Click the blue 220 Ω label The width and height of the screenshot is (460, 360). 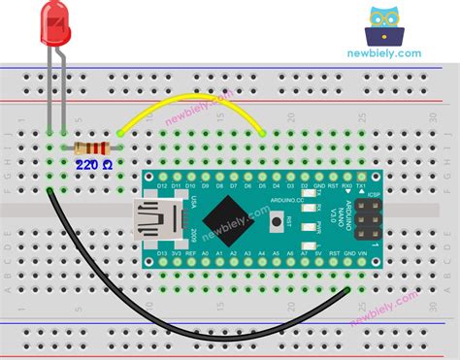(x=94, y=167)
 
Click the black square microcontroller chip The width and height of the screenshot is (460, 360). (x=223, y=215)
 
